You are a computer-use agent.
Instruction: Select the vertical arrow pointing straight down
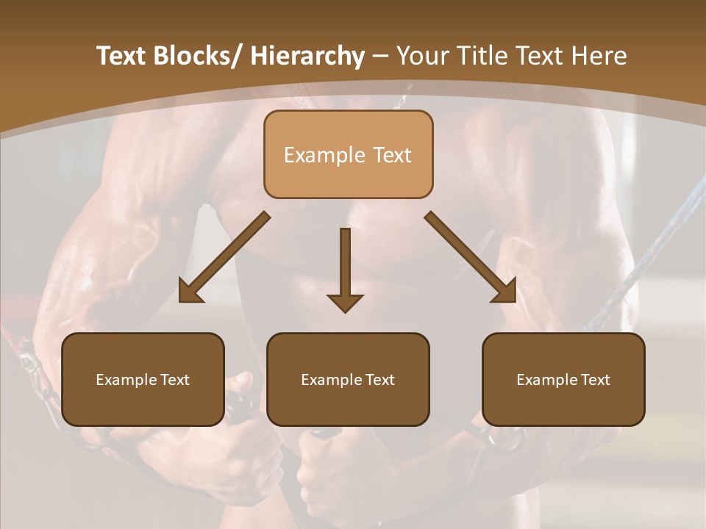click(x=345, y=264)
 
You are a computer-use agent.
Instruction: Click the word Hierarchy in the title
click(x=307, y=56)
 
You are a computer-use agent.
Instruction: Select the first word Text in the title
click(x=122, y=56)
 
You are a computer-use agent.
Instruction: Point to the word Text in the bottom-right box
click(x=594, y=380)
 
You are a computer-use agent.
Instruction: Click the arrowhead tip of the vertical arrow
click(x=345, y=310)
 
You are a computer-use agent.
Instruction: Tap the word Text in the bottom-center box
click(x=379, y=380)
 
